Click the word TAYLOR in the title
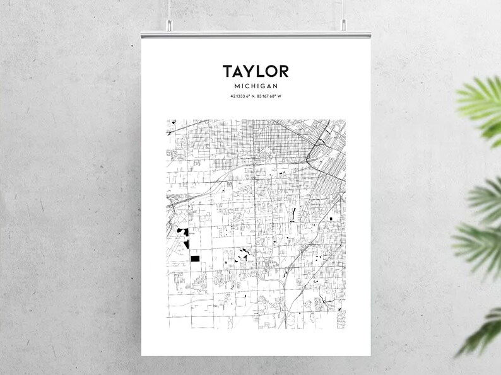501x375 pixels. pos(255,71)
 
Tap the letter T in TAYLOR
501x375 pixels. pos(227,71)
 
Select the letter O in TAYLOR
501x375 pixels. pos(269,71)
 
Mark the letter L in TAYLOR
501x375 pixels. pos(259,71)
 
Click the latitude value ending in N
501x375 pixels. pos(244,96)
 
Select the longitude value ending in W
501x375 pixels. pos(269,96)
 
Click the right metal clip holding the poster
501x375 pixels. pos(344,26)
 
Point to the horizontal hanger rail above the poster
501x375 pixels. pos(255,32)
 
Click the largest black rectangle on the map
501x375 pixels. pos(194,258)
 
